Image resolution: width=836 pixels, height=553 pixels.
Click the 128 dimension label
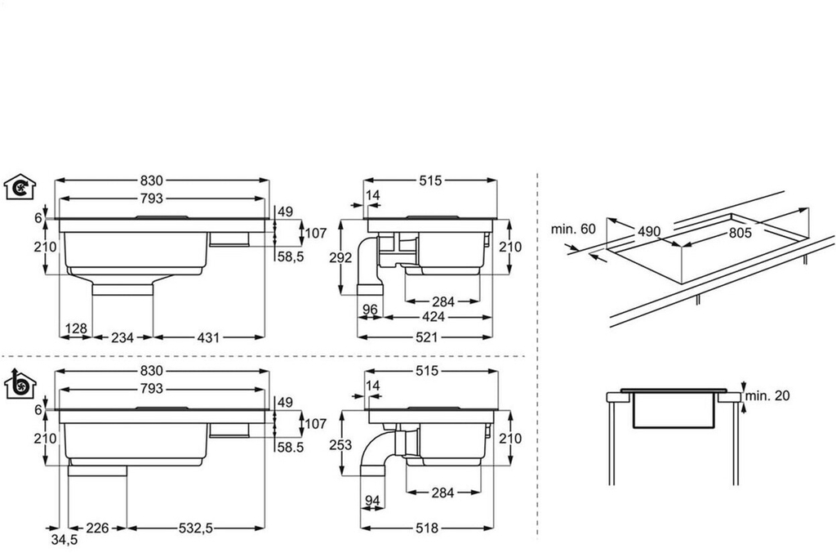click(76, 328)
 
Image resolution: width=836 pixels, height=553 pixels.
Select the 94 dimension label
click(372, 501)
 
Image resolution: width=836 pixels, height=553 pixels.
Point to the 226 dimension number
click(98, 528)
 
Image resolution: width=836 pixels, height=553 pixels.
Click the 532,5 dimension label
click(196, 528)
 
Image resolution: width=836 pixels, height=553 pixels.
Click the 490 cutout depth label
click(649, 232)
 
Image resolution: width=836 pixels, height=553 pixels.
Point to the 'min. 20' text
click(770, 396)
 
